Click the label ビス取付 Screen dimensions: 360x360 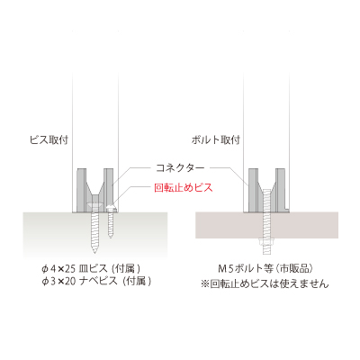coord(49,139)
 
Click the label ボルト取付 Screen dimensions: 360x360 coord(216,139)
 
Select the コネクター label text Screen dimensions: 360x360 coord(180,168)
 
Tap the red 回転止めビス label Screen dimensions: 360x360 coord(184,188)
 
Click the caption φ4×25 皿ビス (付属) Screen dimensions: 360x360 coord(91,268)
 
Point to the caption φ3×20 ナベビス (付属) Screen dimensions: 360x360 coord(96,281)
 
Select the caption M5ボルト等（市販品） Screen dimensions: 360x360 coord(265,268)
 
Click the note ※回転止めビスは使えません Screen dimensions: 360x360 coord(265,283)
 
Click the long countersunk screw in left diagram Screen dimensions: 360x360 coord(94,228)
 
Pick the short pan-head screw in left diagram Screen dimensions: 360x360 coord(111,221)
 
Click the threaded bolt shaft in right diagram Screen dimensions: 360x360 coord(265,222)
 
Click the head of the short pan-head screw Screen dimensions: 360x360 coord(111,208)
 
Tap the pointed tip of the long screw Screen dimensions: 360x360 coord(94,253)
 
